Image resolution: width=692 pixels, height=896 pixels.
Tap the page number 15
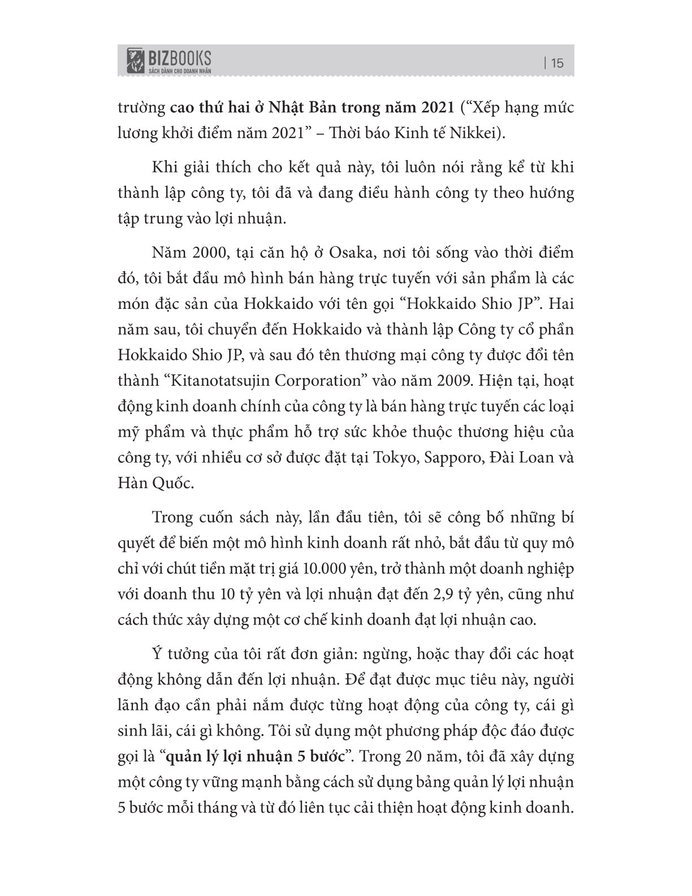coord(557,62)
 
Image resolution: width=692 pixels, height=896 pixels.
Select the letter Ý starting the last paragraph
coord(155,653)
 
